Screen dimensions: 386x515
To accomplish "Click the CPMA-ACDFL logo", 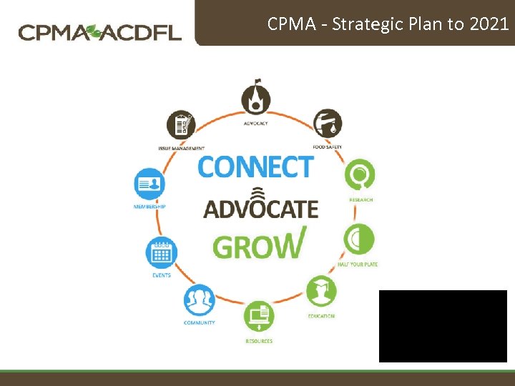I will coord(100,32).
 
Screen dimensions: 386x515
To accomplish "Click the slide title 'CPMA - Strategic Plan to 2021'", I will coord(388,24).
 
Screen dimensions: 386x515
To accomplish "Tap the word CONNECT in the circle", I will coord(255,167).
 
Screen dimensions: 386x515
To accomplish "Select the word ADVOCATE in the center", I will coord(261,208).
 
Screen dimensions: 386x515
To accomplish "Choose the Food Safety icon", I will coord(328,124).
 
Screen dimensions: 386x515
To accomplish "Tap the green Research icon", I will coord(359,174).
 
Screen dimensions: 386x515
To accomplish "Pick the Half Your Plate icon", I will coord(358,239).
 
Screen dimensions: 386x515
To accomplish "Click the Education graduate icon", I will coord(321,290).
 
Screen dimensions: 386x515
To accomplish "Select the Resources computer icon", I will coord(258,316).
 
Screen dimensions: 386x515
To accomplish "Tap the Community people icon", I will coord(199,300).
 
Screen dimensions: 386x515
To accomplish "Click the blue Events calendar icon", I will coord(161,252).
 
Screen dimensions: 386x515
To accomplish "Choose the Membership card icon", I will coord(149,184).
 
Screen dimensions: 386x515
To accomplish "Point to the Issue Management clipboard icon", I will coord(181,125).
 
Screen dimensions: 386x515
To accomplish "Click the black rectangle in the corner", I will coord(443,326).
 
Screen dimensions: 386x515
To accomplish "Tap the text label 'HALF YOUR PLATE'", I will coord(358,264).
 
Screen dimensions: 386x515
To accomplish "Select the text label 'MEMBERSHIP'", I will coord(149,207).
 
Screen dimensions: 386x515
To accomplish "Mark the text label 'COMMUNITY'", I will coord(199,323).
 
